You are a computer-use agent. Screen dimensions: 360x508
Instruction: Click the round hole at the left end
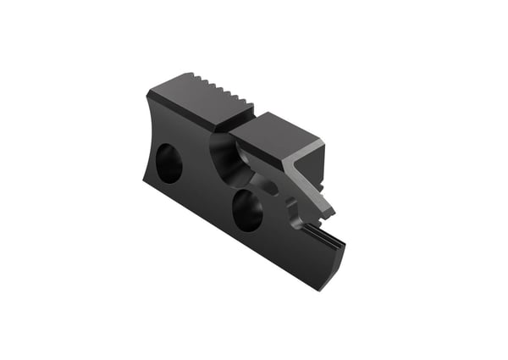point(168,163)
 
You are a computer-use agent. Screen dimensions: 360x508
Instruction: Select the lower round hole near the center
point(247,211)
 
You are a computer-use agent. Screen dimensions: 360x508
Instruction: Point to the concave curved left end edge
point(144,140)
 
